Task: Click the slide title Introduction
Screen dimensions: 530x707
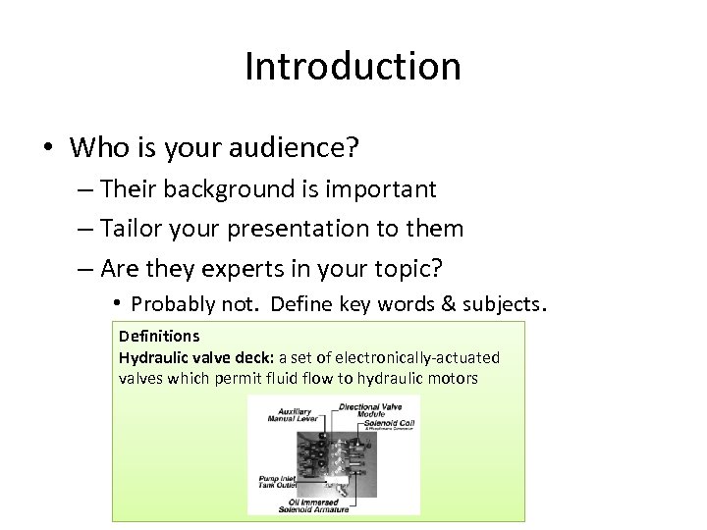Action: pos(353,67)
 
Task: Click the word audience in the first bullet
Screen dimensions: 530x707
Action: pos(295,148)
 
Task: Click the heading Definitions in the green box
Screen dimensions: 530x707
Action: pos(159,337)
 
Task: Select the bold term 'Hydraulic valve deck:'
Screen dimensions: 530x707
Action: pos(196,358)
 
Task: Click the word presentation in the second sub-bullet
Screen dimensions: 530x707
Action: pos(296,229)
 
